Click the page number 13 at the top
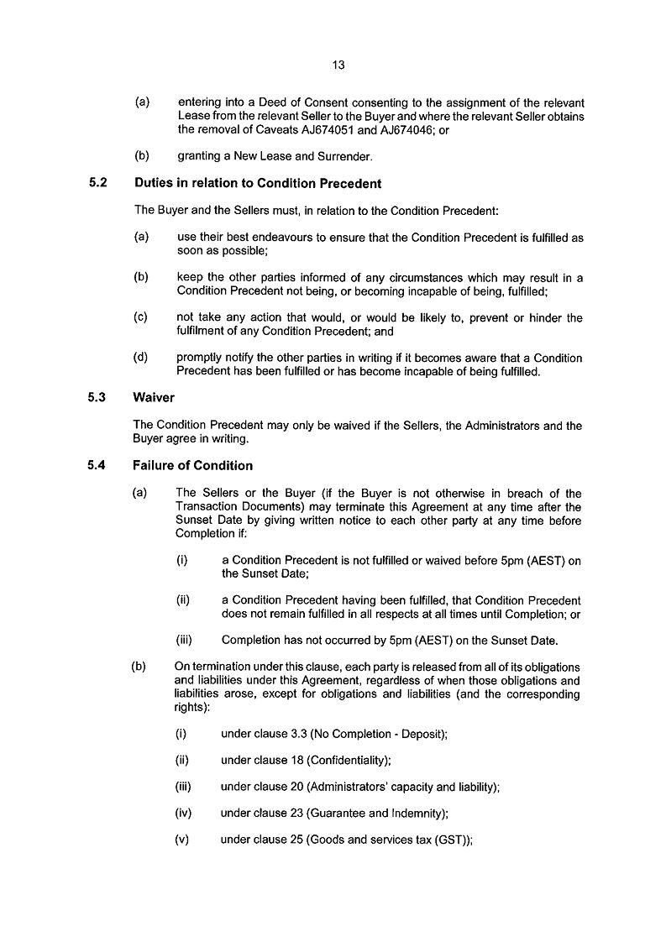click(x=338, y=64)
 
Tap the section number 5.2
click(x=97, y=183)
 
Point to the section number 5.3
click(x=97, y=398)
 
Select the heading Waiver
click(x=154, y=398)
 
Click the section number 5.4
click(x=97, y=465)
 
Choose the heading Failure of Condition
click(x=192, y=465)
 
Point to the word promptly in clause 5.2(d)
click(x=202, y=358)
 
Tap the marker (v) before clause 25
click(x=181, y=840)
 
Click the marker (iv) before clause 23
click(x=182, y=813)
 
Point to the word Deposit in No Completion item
click(x=422, y=734)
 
